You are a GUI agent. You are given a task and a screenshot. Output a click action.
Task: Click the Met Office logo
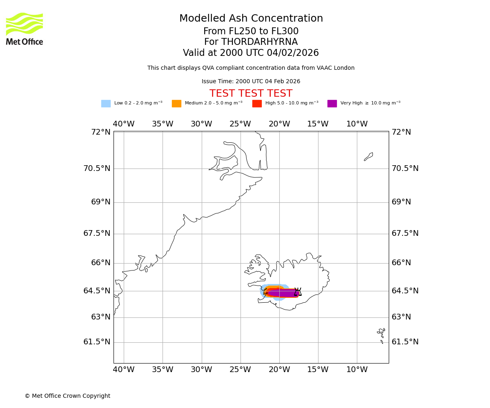(x=24, y=29)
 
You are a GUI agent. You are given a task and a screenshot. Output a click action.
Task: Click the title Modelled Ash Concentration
(x=251, y=19)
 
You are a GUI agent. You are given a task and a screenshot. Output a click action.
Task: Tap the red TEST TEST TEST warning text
(x=251, y=94)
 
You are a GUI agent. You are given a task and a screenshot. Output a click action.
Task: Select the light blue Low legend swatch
(x=106, y=104)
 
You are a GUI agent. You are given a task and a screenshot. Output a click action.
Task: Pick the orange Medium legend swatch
(x=176, y=104)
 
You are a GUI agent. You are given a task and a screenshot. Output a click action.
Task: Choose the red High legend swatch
(x=257, y=104)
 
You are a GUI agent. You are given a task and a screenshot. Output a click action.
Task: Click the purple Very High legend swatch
(x=332, y=104)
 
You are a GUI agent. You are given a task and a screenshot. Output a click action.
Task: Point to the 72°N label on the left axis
(x=100, y=132)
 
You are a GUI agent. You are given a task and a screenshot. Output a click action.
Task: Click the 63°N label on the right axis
(x=401, y=317)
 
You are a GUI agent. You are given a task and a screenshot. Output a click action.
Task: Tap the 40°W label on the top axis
(x=124, y=124)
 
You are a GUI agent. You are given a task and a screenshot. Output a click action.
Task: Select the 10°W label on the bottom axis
(x=357, y=370)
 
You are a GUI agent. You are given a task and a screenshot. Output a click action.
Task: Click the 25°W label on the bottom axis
(x=240, y=370)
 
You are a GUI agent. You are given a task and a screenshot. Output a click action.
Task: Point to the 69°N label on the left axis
(x=100, y=202)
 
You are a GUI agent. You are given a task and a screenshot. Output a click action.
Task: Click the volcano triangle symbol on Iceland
(x=298, y=292)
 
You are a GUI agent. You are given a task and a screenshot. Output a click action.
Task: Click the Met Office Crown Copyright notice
(x=67, y=396)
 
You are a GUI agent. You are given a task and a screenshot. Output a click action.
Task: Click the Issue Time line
(x=251, y=82)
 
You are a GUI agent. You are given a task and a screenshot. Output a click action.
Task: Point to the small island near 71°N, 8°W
(x=369, y=156)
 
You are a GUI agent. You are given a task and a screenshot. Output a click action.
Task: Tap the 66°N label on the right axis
(x=401, y=263)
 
